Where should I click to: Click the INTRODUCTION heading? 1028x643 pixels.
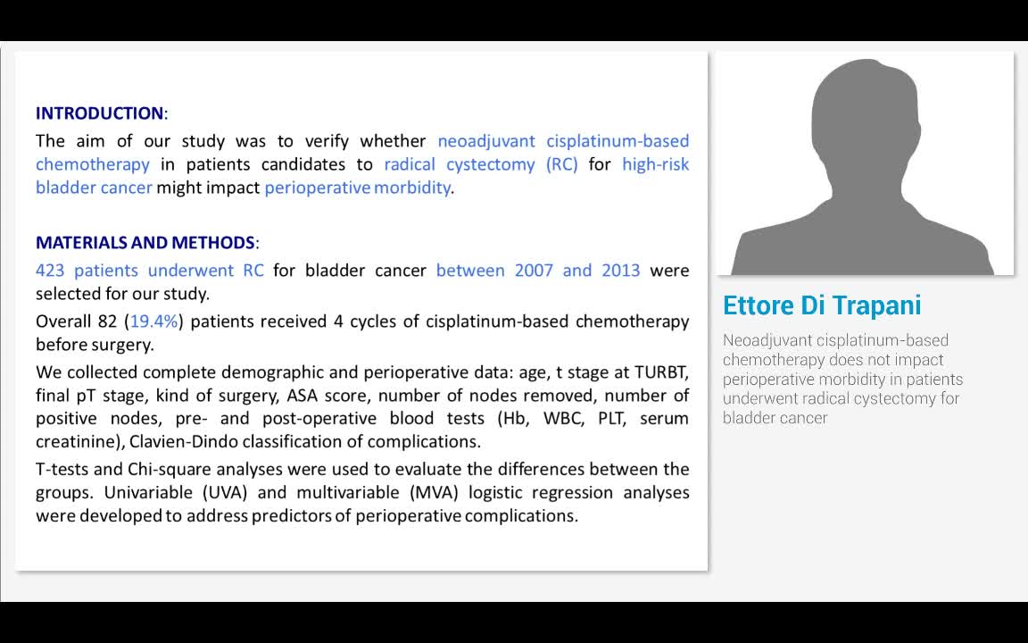click(99, 113)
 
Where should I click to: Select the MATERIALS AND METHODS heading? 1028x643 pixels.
click(145, 243)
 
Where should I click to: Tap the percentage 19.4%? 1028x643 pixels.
click(154, 321)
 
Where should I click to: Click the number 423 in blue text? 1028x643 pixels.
click(50, 271)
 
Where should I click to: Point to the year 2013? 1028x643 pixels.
click(620, 271)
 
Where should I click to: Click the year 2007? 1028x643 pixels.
click(534, 271)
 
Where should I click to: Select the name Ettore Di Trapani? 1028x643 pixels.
click(821, 305)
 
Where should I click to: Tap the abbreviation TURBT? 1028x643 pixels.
click(661, 372)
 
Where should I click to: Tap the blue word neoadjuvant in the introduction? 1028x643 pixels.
click(486, 141)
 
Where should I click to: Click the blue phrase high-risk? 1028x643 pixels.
click(656, 164)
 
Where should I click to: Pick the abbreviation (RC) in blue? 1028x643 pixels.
click(561, 164)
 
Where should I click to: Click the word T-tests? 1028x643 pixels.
click(62, 470)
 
